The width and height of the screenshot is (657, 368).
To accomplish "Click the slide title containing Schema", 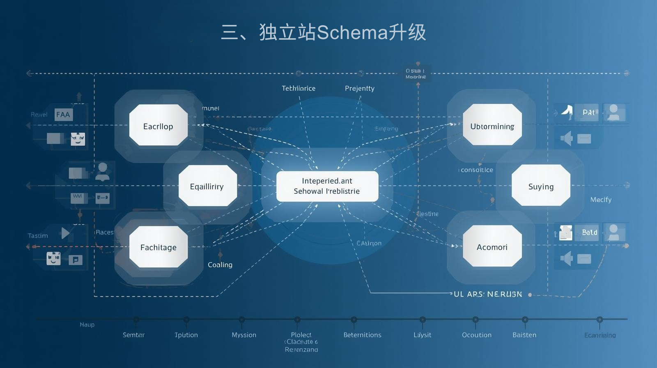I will (x=324, y=32).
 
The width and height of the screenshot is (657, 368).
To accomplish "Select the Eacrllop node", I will (x=158, y=126).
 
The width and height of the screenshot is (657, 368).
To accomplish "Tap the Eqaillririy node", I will (x=207, y=186).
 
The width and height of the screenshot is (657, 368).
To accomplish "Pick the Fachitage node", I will (x=159, y=247).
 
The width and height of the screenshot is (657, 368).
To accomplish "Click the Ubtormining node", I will (x=492, y=126).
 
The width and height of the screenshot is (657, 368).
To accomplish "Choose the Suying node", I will (x=541, y=186).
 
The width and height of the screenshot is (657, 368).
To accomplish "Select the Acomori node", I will (x=492, y=246).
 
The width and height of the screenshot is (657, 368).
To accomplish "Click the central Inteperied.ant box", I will (x=327, y=186).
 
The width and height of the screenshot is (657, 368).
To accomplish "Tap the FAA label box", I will (x=63, y=115).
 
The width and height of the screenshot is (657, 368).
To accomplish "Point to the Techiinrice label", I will (x=299, y=88).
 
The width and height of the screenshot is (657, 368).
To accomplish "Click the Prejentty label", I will (x=359, y=88).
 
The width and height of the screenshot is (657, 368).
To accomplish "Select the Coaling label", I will (x=220, y=265).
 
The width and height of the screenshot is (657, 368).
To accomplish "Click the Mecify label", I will (x=601, y=200).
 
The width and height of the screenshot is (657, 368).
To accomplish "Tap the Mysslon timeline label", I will (x=244, y=335).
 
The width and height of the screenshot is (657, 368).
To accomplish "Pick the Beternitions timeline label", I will (x=362, y=335).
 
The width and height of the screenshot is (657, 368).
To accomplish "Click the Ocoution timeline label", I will (x=476, y=335).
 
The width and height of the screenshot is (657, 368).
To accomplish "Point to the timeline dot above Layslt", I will (x=423, y=319).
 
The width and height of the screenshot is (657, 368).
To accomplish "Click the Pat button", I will (x=588, y=112).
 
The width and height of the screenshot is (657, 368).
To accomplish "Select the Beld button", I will (x=589, y=232).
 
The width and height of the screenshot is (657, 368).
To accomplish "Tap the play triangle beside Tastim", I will (x=65, y=233).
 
